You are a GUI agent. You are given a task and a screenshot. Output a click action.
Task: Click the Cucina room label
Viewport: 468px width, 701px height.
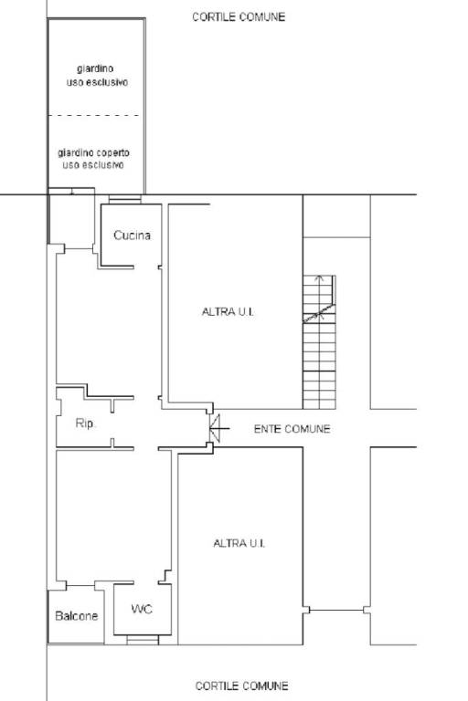(x=132, y=235)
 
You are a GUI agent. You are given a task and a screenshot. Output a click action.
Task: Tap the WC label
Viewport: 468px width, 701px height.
(x=142, y=609)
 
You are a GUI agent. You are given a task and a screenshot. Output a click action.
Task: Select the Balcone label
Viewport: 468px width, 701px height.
(x=76, y=616)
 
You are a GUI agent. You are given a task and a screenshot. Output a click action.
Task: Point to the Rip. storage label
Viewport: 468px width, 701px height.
(x=85, y=423)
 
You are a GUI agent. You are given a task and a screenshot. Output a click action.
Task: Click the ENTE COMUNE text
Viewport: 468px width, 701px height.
(x=292, y=429)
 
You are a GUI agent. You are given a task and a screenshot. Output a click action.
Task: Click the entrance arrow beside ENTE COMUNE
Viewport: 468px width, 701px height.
(x=219, y=428)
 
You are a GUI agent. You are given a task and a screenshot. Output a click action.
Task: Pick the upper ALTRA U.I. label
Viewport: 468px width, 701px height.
(x=228, y=311)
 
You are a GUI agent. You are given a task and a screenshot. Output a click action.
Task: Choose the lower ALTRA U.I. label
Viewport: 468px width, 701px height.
(x=239, y=543)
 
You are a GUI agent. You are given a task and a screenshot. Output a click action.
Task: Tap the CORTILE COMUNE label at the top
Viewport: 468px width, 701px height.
(x=239, y=17)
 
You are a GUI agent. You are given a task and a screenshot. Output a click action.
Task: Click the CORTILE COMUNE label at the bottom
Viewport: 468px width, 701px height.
(x=242, y=685)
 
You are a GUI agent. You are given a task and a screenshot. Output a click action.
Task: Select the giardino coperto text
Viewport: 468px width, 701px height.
(x=93, y=153)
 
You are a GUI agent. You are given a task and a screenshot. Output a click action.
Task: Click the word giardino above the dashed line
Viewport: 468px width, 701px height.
(x=95, y=68)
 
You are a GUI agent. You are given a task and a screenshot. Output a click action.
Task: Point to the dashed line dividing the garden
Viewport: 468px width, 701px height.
(x=93, y=116)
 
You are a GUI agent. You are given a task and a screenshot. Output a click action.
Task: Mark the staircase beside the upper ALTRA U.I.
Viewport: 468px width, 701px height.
(x=319, y=342)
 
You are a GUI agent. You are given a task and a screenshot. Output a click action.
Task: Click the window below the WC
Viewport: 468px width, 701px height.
(x=143, y=640)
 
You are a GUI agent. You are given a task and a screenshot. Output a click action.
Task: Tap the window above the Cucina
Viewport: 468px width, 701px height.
(x=125, y=199)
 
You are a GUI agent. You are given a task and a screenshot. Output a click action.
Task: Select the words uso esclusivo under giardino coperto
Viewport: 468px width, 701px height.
(x=93, y=165)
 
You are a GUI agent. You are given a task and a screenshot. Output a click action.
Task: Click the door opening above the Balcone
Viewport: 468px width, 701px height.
(x=80, y=585)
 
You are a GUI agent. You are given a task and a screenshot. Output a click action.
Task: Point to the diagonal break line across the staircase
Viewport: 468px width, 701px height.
(x=319, y=313)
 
